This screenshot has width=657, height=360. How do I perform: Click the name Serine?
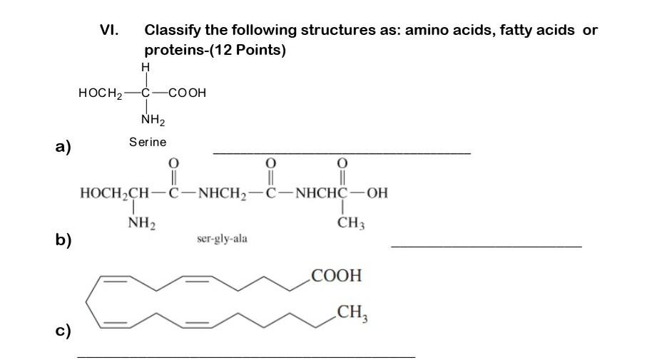point(148,142)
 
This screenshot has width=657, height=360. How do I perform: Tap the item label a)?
point(64,148)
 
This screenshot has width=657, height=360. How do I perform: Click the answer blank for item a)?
point(342,152)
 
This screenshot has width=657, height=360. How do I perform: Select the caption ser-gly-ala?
point(222,240)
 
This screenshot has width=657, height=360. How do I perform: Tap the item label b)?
point(64,240)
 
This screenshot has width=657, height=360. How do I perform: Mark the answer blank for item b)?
point(487,246)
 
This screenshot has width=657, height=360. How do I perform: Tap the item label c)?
point(63,331)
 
